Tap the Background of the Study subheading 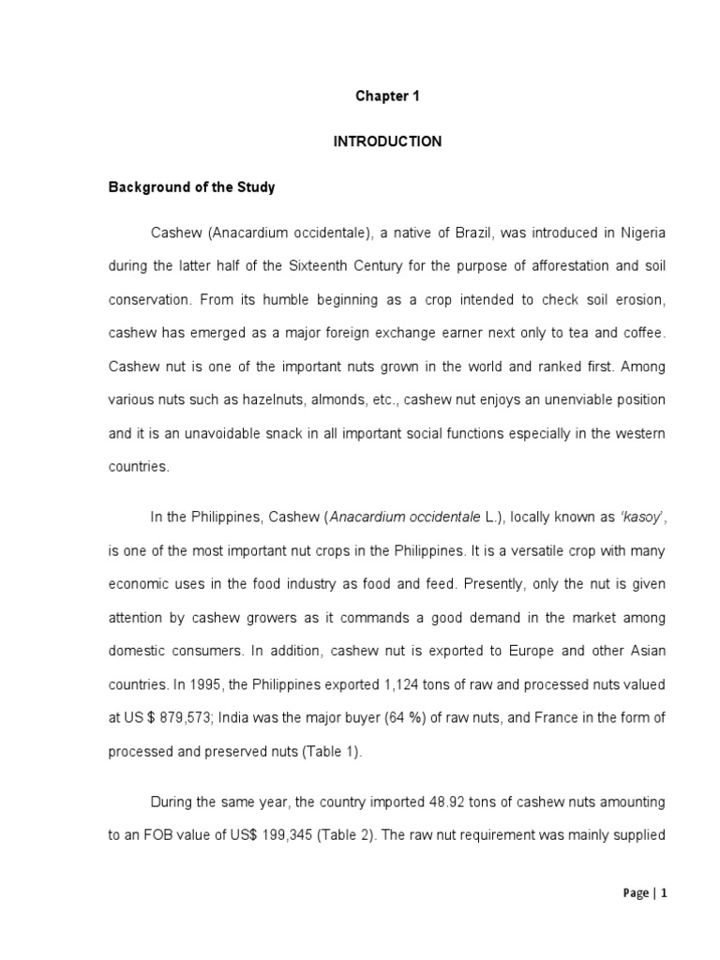(191, 187)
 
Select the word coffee (644, 333)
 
